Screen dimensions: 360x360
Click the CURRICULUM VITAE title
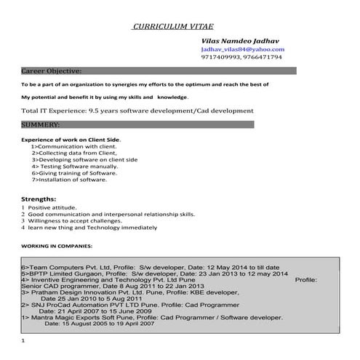(173, 27)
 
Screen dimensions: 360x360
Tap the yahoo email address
(243, 49)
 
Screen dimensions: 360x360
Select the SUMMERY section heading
(46, 125)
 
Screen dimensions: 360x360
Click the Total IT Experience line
(137, 111)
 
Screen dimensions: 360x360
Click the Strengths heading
(38, 199)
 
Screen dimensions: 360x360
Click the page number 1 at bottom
(23, 341)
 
